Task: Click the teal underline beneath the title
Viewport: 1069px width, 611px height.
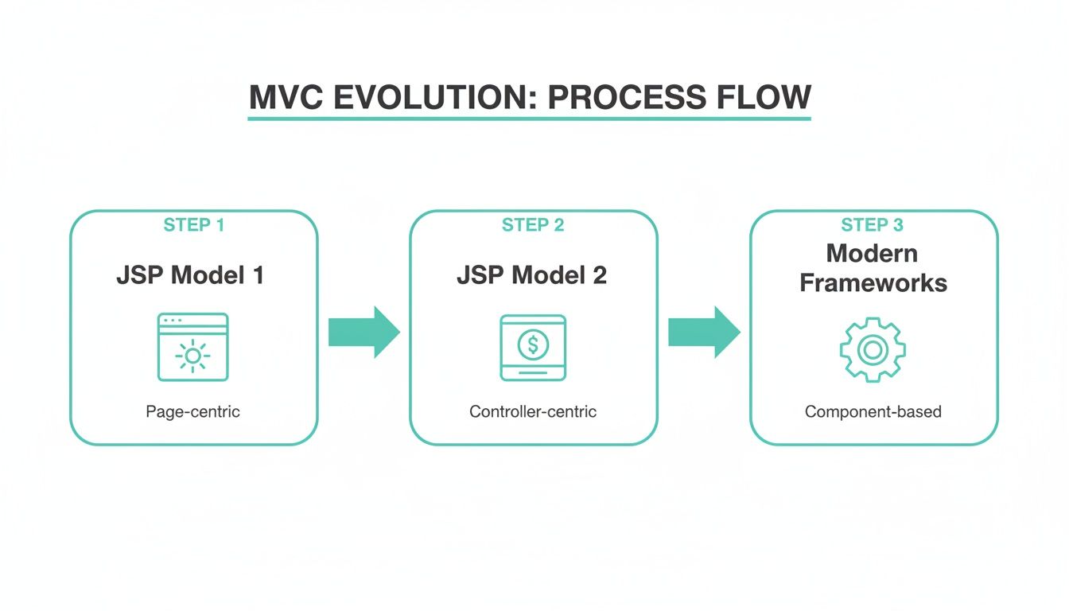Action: coord(529,119)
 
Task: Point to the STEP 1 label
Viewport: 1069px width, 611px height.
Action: coord(194,225)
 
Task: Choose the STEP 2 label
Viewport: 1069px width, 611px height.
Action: coord(533,225)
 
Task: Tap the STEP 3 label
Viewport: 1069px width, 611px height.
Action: coord(873,225)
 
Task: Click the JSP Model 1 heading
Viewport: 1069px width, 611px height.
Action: coord(190,275)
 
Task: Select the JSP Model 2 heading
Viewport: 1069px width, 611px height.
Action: coord(531,275)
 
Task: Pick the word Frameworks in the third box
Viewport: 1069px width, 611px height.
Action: coord(873,282)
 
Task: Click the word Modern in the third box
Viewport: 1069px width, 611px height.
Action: coord(872,254)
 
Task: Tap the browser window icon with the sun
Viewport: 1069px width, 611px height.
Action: coord(192,346)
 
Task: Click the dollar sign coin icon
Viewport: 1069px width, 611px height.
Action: coord(533,346)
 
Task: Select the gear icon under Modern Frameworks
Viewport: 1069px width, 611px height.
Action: coord(873,349)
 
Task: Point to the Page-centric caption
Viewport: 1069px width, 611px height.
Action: coord(192,412)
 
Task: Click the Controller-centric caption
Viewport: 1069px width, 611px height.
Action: coord(533,412)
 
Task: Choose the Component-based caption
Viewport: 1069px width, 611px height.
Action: coord(873,412)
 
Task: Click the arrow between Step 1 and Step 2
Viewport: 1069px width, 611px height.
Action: coord(363,332)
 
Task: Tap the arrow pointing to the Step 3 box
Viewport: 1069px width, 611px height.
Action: coord(703,332)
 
